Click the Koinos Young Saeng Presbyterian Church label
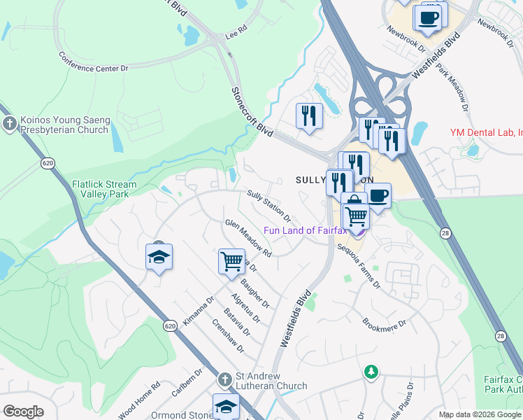pyautogui.click(x=65, y=125)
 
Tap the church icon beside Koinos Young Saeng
pyautogui.click(x=10, y=125)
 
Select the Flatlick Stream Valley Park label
pyautogui.click(x=104, y=190)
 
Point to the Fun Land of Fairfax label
pyautogui.click(x=305, y=231)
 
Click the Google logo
pyautogui.click(x=23, y=412)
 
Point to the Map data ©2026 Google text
pyautogui.click(x=480, y=414)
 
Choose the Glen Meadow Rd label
pyautogui.click(x=248, y=237)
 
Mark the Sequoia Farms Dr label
pyautogui.click(x=359, y=266)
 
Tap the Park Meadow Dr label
pyautogui.click(x=451, y=87)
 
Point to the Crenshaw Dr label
pyautogui.click(x=229, y=337)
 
